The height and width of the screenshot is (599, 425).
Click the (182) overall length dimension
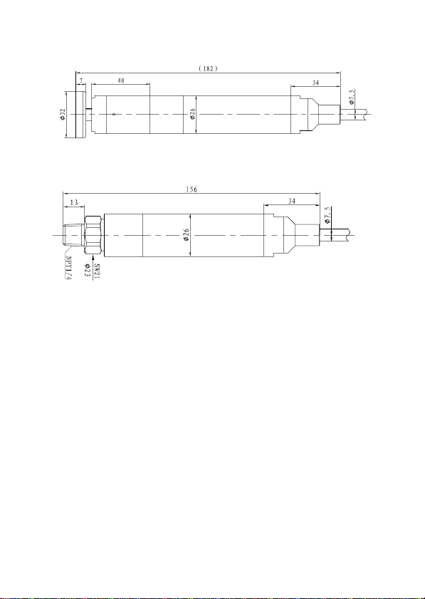click(208, 69)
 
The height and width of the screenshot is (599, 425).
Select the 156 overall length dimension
click(191, 189)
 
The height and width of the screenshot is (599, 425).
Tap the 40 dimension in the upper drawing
click(121, 80)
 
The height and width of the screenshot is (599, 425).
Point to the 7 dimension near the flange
click(81, 80)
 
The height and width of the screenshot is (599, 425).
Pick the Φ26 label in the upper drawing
click(193, 114)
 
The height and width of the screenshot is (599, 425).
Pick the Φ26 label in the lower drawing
click(187, 234)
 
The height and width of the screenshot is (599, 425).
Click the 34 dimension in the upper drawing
click(316, 83)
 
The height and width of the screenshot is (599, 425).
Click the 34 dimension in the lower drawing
click(292, 201)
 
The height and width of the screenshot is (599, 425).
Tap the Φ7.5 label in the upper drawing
click(352, 97)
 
